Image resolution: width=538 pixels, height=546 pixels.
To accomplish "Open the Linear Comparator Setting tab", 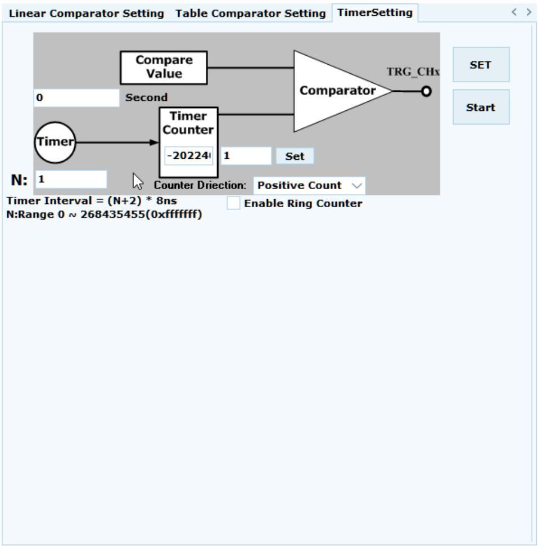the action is (86, 14).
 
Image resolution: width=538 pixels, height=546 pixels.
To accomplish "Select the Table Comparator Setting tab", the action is (250, 14).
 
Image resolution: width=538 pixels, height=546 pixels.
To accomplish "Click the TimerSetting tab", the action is (375, 12).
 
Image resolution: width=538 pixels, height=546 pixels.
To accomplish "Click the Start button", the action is (481, 108).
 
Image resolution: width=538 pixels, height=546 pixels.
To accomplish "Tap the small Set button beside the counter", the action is (295, 156).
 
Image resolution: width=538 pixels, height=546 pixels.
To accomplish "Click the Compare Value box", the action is (164, 68).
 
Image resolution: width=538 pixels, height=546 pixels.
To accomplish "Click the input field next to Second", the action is (76, 97).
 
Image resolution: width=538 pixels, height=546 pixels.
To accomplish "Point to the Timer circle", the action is (55, 142).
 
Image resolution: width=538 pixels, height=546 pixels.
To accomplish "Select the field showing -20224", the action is (189, 156).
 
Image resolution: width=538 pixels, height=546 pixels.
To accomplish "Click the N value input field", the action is (71, 180).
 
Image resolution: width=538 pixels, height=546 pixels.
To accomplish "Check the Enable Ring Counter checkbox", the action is (233, 203).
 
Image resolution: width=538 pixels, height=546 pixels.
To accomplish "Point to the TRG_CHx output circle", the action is (426, 92).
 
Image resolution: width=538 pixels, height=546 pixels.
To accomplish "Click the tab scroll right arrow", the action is (529, 12).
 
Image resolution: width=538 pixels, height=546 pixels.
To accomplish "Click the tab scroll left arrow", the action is (514, 12).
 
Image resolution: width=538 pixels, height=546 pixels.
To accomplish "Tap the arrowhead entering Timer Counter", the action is (154, 142).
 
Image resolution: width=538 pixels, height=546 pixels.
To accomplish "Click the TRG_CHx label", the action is (413, 71).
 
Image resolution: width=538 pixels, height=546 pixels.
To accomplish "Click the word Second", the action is (146, 97).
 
